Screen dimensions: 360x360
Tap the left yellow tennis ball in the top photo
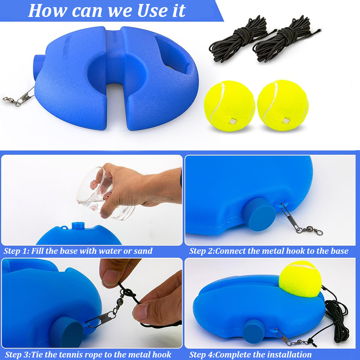(229, 105)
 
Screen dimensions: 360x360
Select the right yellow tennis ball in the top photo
(283, 105)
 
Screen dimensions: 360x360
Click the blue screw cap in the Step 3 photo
(67, 334)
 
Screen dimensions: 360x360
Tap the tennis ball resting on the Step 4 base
(300, 279)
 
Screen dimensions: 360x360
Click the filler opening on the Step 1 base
(77, 225)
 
